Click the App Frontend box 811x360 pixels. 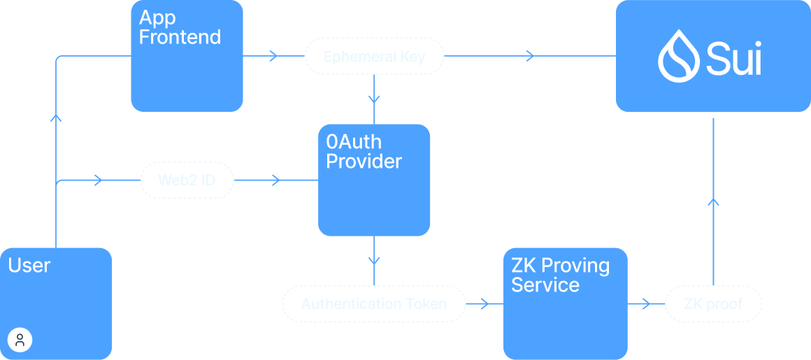tap(187, 56)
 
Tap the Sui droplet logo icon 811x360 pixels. tap(677, 56)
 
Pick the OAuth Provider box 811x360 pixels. tap(373, 180)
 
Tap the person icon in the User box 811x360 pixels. tap(20, 340)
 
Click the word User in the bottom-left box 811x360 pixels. tap(29, 266)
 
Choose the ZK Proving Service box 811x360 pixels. tap(565, 303)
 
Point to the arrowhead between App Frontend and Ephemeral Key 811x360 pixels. tap(273, 55)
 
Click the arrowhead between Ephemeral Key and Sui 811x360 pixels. tap(531, 55)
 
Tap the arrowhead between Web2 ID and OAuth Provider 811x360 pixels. tap(275, 180)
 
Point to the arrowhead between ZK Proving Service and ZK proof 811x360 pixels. tap(647, 303)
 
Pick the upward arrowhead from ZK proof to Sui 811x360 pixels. tap(712, 202)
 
